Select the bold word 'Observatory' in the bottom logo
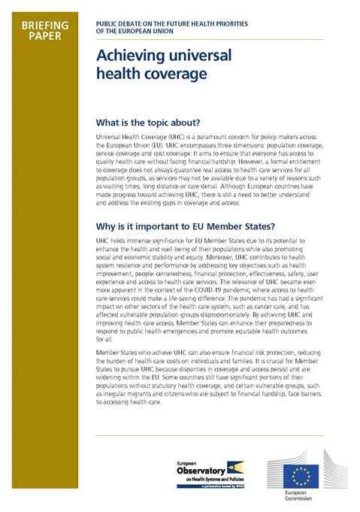tap(180, 470)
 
